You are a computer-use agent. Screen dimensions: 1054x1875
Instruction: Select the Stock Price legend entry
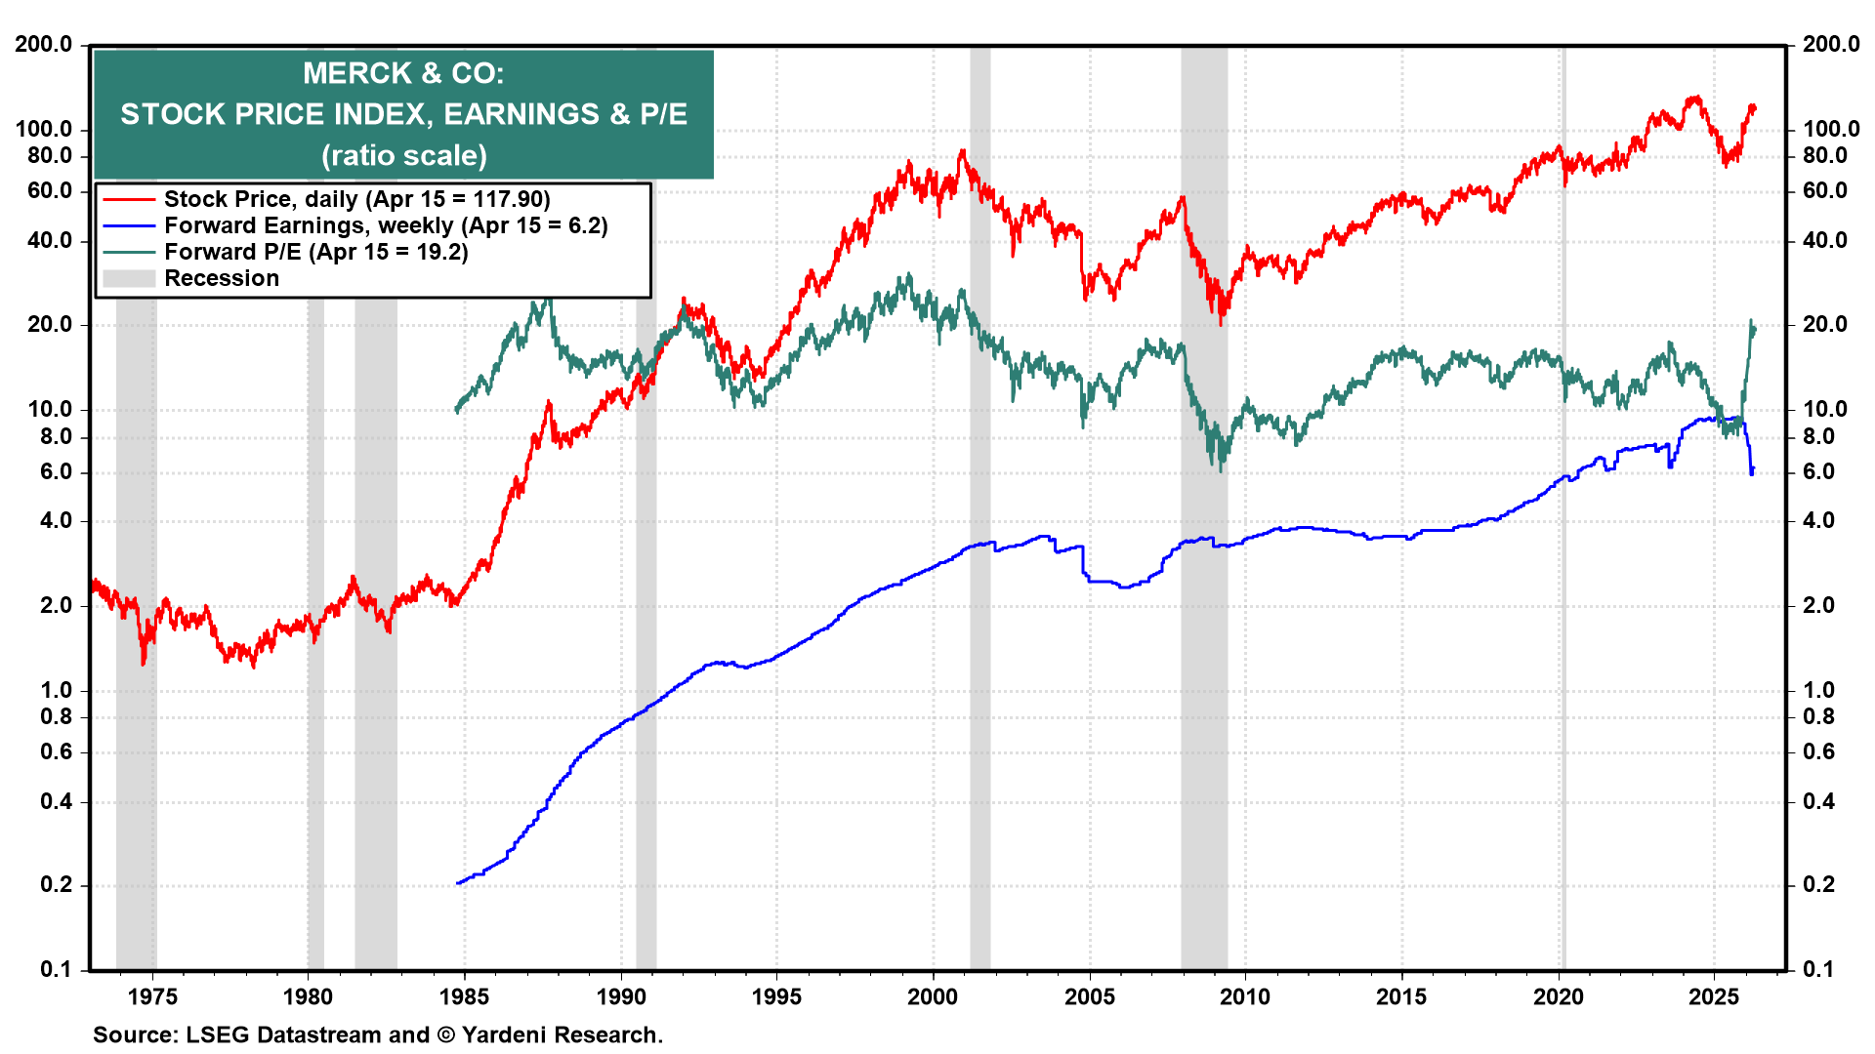356,199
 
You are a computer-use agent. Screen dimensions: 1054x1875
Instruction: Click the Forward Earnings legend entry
385,225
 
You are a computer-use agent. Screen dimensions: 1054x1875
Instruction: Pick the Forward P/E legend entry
315,252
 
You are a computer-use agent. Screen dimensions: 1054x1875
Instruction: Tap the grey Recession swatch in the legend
129,278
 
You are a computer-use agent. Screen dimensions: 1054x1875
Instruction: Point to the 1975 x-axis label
152,996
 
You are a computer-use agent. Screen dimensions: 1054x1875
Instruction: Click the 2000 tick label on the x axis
933,996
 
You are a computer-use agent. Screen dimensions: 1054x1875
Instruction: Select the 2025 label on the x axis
1714,996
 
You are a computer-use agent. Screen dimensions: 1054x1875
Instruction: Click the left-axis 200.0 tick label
43,44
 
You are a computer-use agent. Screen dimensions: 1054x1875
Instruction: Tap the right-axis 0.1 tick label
1818,969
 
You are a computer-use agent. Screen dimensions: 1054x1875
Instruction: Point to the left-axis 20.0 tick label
49,324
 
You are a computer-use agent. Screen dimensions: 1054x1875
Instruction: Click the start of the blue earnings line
458,883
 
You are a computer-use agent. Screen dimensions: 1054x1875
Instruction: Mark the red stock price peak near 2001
963,151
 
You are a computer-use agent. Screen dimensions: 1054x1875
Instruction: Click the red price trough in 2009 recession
1221,322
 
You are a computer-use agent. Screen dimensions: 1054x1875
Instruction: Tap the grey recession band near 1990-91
646,586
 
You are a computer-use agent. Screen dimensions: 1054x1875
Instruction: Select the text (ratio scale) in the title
403,156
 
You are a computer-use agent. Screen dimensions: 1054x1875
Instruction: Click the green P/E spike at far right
1751,321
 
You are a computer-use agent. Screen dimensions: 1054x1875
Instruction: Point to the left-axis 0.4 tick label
55,801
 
